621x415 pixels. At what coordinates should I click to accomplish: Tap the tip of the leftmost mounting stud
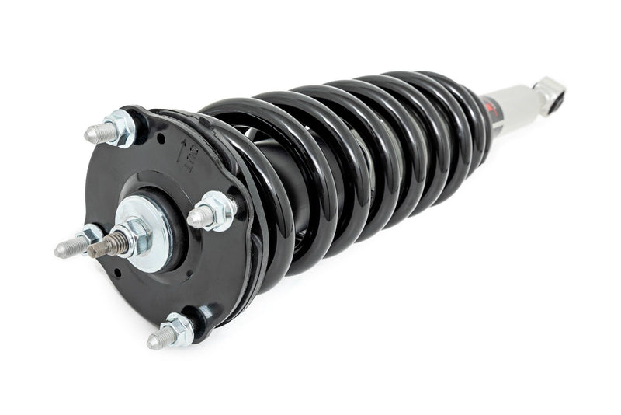pyautogui.click(x=61, y=251)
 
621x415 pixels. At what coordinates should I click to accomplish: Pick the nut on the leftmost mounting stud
pyautogui.click(x=88, y=236)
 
